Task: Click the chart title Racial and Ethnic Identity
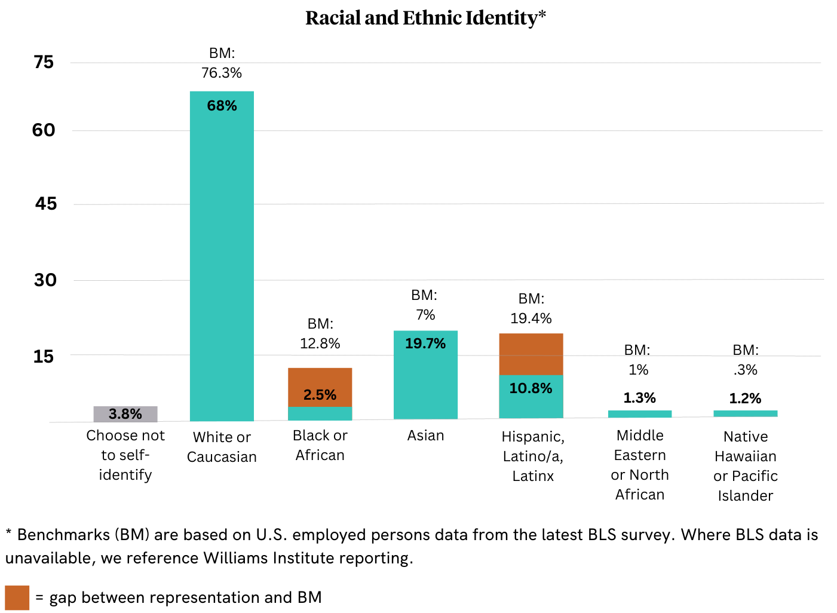point(425,18)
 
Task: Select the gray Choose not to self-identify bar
point(125,414)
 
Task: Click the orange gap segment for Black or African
point(320,387)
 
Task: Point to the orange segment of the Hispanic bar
point(531,354)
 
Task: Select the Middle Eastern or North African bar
point(640,413)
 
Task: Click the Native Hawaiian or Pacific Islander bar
point(746,413)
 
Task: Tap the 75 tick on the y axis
point(44,62)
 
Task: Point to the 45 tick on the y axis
point(45,204)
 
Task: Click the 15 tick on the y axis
point(44,357)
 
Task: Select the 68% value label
point(222,106)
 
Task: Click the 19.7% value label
point(425,344)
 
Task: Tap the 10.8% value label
point(531,388)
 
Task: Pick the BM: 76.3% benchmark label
point(222,63)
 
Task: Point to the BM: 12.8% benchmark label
point(320,333)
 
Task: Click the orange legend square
point(17,597)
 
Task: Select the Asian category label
point(425,436)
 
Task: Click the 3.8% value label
point(125,414)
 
